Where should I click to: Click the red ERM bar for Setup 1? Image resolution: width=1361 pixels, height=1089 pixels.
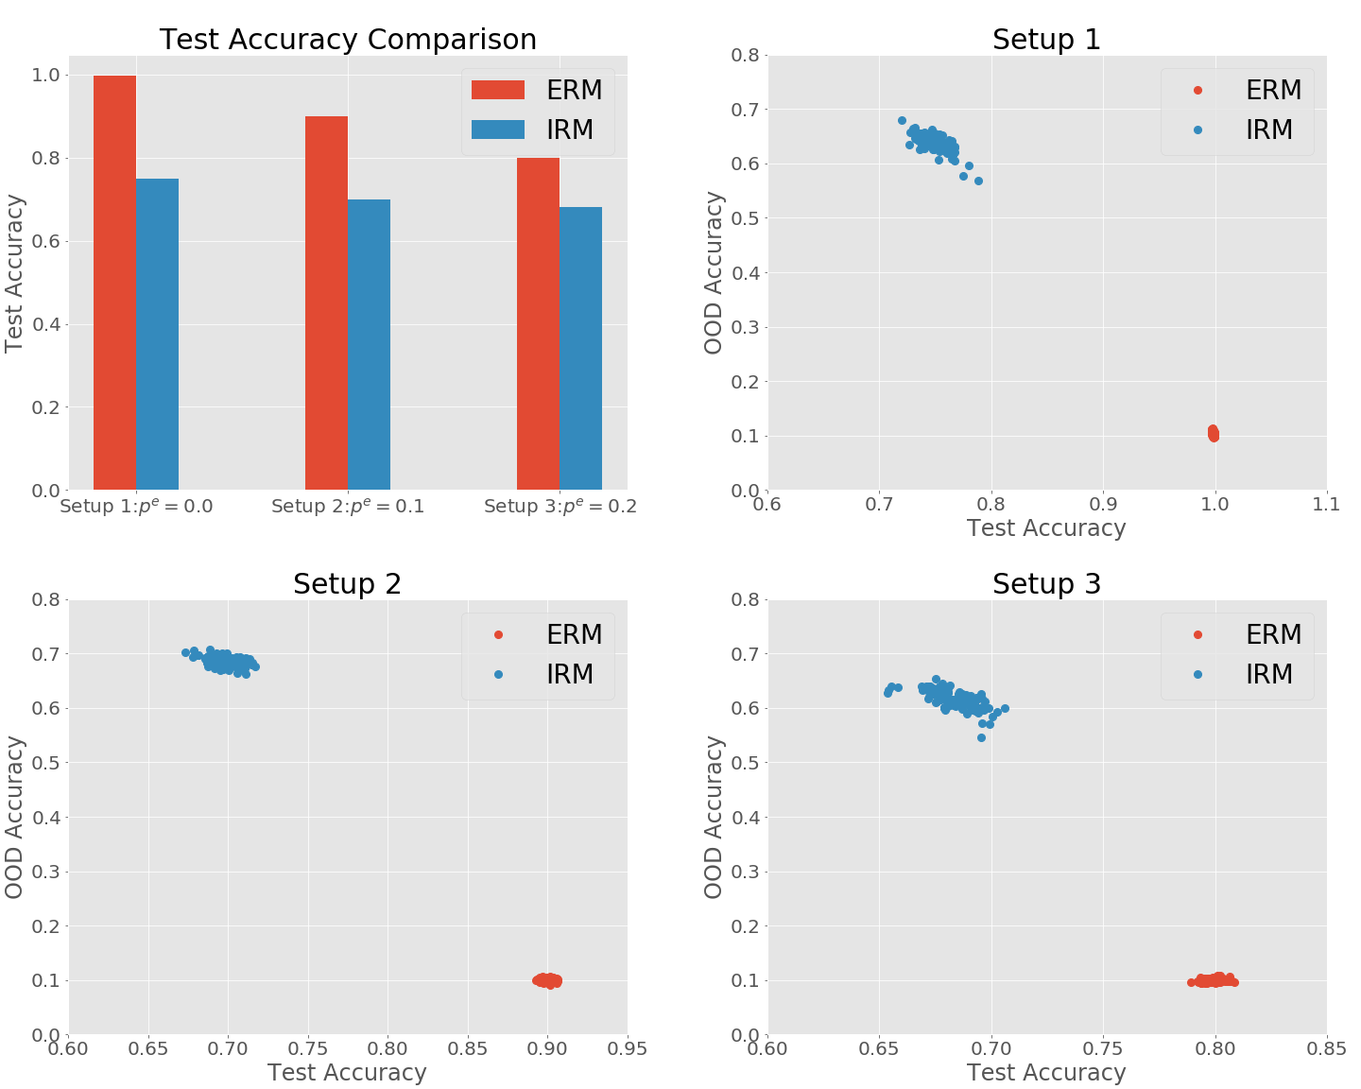click(114, 283)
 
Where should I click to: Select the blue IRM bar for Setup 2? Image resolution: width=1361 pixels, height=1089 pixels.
click(369, 344)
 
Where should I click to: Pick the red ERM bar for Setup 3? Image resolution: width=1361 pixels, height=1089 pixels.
click(538, 323)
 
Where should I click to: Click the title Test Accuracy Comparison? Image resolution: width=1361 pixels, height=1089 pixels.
click(348, 40)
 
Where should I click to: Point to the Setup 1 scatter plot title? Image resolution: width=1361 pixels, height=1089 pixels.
click(1046, 40)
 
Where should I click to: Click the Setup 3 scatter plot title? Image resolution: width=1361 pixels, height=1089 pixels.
click(1046, 584)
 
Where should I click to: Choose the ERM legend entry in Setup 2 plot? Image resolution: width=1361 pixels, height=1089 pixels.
click(537, 634)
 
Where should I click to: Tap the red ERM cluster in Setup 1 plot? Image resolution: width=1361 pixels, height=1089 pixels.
click(1214, 433)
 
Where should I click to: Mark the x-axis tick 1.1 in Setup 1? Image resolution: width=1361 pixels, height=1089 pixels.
click(1326, 504)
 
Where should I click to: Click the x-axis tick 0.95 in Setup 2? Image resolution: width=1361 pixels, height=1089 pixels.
click(627, 1048)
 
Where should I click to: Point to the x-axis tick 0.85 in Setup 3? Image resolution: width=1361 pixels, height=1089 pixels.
click(1326, 1048)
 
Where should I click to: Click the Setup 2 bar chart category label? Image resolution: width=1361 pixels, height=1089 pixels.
click(348, 507)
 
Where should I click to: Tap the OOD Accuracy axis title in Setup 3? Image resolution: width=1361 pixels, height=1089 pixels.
click(714, 817)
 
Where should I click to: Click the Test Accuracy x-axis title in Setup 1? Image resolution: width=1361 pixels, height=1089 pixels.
click(1046, 528)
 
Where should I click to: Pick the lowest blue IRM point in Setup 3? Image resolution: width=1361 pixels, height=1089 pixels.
click(981, 737)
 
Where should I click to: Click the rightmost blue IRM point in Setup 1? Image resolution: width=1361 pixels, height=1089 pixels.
click(978, 181)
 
